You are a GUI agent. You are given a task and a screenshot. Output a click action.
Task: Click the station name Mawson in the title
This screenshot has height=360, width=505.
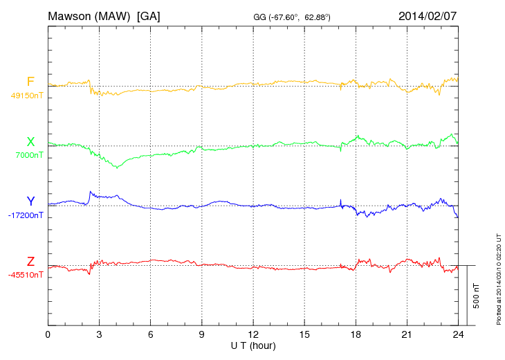(71, 15)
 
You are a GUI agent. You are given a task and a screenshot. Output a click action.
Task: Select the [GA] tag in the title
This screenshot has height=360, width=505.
(149, 15)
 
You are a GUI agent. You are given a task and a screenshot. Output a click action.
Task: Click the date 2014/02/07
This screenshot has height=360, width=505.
(428, 15)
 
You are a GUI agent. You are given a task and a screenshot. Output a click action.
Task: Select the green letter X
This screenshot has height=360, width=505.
(30, 142)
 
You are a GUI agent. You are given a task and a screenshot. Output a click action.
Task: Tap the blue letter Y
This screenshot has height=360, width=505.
(30, 201)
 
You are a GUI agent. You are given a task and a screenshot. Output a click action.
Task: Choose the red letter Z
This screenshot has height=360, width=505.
(30, 261)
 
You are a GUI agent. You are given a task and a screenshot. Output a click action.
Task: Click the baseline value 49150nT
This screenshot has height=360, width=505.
(27, 96)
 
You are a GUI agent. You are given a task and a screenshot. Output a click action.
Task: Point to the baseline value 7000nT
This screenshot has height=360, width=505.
(29, 155)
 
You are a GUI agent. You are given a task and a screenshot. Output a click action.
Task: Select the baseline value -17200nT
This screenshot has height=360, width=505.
(27, 215)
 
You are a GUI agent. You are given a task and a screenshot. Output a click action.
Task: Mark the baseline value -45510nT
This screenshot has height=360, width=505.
(27, 275)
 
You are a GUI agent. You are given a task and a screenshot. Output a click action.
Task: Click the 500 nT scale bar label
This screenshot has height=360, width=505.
(477, 296)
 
